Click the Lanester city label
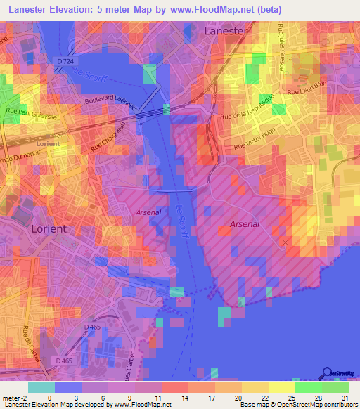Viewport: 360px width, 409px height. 226,31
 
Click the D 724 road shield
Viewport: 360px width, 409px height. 64,61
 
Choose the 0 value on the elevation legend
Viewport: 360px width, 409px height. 49,398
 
